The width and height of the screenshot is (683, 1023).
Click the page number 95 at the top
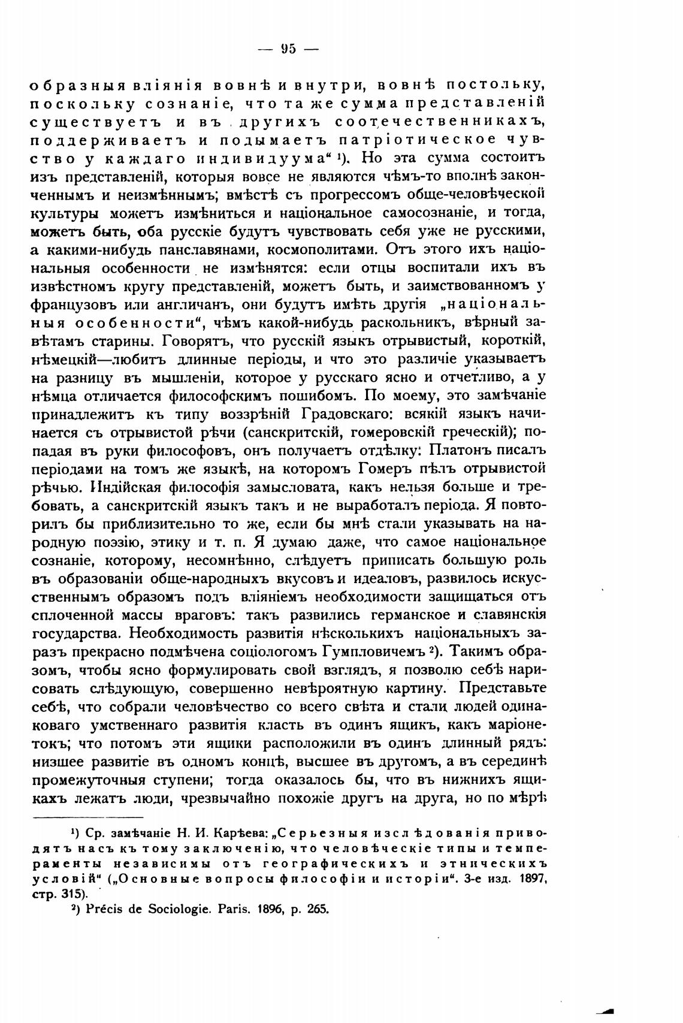pos(288,49)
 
